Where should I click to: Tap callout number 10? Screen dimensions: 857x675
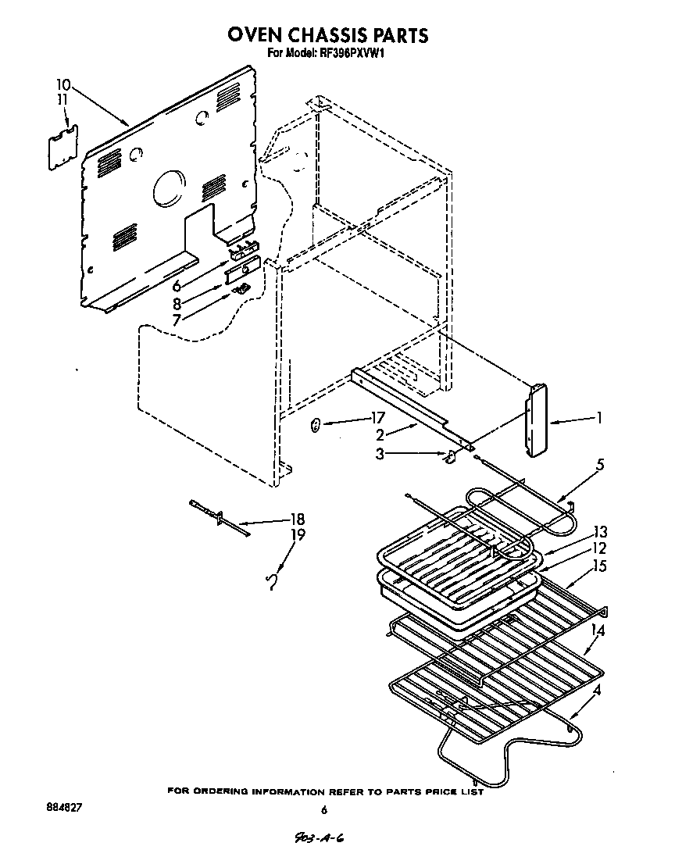click(63, 84)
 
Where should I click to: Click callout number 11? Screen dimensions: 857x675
click(63, 99)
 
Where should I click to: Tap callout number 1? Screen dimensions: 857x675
click(599, 418)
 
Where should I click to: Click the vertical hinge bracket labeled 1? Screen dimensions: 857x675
click(534, 420)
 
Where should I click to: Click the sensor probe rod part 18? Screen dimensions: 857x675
click(219, 519)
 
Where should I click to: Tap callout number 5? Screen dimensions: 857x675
click(599, 464)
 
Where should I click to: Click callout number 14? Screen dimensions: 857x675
click(599, 630)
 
